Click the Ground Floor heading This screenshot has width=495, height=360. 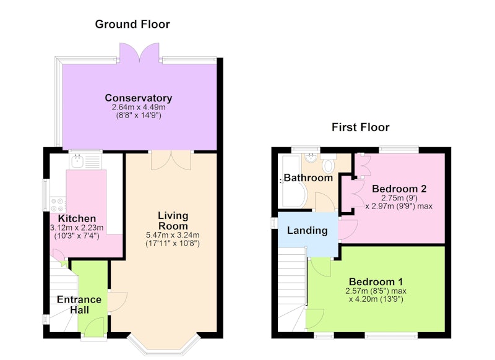[x=132, y=24]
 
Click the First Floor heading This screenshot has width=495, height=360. [x=360, y=127]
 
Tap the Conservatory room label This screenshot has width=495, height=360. [x=138, y=98]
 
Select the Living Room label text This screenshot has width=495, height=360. [x=173, y=221]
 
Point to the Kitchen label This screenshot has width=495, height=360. [x=77, y=218]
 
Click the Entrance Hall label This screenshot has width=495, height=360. [x=79, y=304]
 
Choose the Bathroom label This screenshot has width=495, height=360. [x=308, y=178]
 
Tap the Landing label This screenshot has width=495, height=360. [x=307, y=230]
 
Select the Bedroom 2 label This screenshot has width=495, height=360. [x=399, y=189]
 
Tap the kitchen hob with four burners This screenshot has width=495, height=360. [x=58, y=205]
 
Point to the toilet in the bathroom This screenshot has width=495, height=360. [x=329, y=163]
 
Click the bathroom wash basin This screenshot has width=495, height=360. [x=311, y=158]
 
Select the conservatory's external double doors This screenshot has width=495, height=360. [x=139, y=53]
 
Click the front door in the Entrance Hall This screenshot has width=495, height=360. [x=94, y=327]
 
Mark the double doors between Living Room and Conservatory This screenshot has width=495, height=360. [x=171, y=160]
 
